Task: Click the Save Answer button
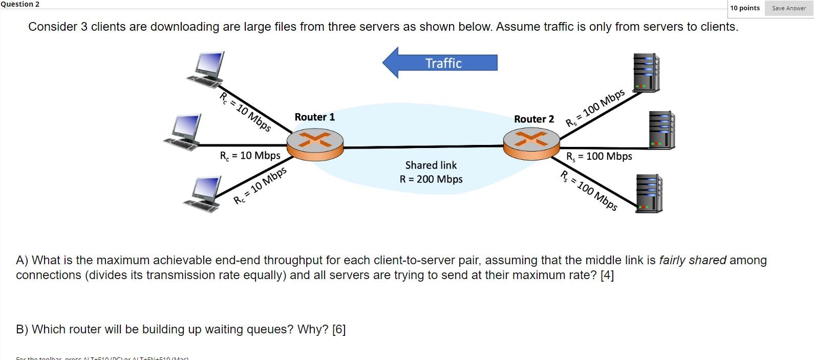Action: pyautogui.click(x=788, y=8)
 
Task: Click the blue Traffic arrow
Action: pyautogui.click(x=440, y=63)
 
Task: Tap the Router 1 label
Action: pyautogui.click(x=314, y=117)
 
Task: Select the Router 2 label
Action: pyautogui.click(x=533, y=119)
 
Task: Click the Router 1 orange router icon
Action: pyautogui.click(x=315, y=143)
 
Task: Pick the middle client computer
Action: pyautogui.click(x=184, y=132)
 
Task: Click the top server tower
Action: pyautogui.click(x=646, y=73)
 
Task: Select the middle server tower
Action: pyautogui.click(x=661, y=130)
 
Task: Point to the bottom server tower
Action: pyautogui.click(x=649, y=193)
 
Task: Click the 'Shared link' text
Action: pyautogui.click(x=431, y=165)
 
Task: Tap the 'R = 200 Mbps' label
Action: pyautogui.click(x=431, y=179)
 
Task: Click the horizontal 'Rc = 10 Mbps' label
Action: pyautogui.click(x=250, y=156)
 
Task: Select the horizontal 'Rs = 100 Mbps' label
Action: pyautogui.click(x=598, y=157)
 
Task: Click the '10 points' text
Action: pyautogui.click(x=744, y=8)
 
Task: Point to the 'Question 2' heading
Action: pyautogui.click(x=20, y=4)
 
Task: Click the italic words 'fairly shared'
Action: pyautogui.click(x=692, y=261)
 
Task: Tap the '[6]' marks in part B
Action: pyautogui.click(x=339, y=329)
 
